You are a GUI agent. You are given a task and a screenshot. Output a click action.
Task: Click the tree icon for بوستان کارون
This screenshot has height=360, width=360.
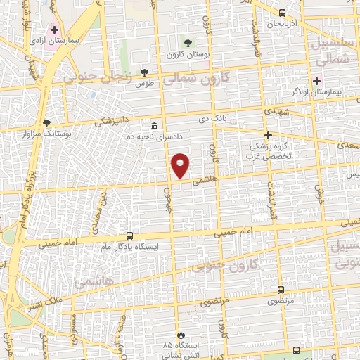186,44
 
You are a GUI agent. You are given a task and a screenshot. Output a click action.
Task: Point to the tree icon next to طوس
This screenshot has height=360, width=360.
145,72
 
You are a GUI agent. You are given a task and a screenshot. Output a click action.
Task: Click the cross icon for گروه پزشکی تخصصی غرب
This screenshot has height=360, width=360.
267,135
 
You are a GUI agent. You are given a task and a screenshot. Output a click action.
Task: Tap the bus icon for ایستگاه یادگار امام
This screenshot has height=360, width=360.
129,236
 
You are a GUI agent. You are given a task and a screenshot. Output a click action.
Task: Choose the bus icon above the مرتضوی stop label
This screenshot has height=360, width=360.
281,289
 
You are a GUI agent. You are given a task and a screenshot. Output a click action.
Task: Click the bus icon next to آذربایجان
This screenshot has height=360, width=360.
283,13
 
